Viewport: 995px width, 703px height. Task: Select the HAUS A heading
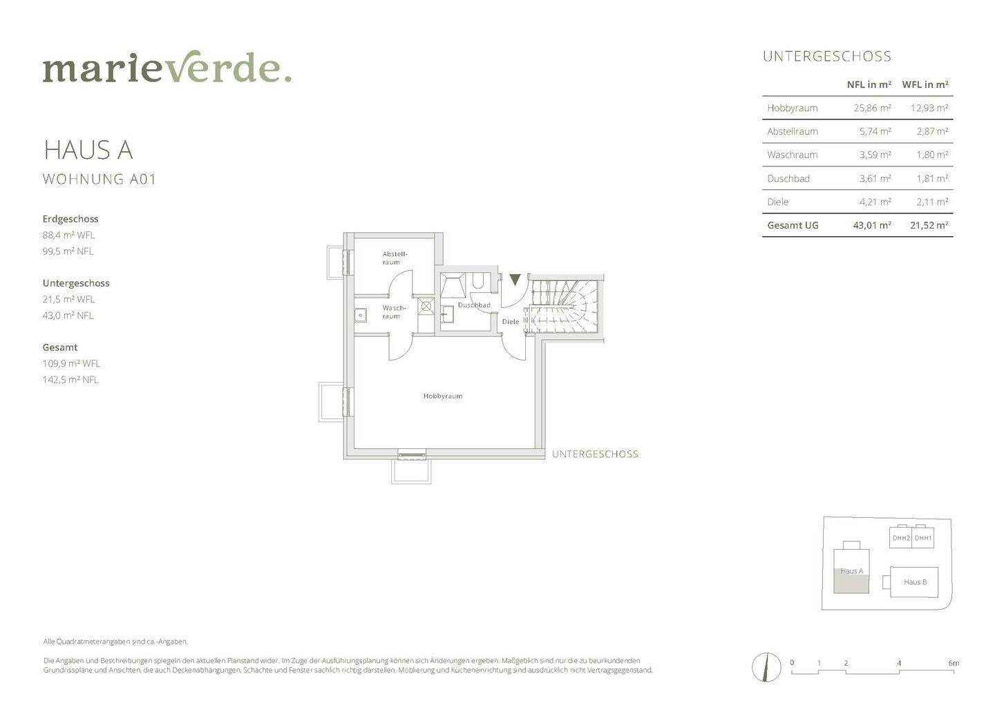[x=88, y=150]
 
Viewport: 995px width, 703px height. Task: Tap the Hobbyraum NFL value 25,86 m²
[x=872, y=108]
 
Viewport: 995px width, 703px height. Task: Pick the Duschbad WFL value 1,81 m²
[x=932, y=178]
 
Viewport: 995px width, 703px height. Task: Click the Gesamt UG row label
[x=793, y=225]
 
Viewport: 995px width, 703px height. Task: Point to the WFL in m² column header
[x=925, y=84]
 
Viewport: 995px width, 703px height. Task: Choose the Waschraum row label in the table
[x=792, y=155]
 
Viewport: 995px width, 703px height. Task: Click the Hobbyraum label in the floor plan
[x=442, y=396]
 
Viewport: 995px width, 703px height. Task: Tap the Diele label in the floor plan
[x=511, y=322]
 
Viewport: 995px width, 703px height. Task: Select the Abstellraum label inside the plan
[x=395, y=258]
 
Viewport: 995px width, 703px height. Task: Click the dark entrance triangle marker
[x=514, y=280]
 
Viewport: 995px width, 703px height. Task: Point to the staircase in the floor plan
[x=564, y=307]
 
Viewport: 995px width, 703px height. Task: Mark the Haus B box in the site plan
[x=914, y=582]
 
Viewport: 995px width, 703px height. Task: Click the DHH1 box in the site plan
[x=923, y=538]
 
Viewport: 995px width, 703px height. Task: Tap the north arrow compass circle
[x=766, y=667]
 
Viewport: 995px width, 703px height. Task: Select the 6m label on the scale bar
[x=954, y=663]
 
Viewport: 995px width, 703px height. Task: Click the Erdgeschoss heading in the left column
[x=70, y=219]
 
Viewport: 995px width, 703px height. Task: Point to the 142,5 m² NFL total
[x=70, y=379]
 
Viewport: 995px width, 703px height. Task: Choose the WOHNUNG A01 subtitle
[x=99, y=180]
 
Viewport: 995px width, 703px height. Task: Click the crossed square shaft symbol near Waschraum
[x=426, y=305]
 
